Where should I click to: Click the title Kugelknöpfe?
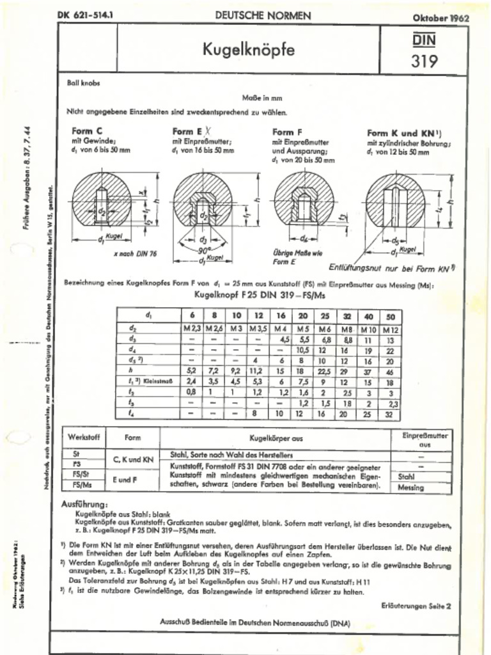click(x=249, y=49)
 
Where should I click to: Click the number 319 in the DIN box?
click(x=425, y=61)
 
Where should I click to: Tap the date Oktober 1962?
click(x=440, y=18)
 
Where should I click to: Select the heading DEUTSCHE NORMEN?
click(x=263, y=15)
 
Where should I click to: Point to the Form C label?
click(x=88, y=131)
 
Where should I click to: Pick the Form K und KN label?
click(x=406, y=133)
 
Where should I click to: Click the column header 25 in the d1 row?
click(x=324, y=317)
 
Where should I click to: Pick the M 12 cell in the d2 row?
click(x=391, y=329)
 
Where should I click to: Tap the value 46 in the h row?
click(x=391, y=370)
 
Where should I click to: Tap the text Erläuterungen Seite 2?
click(x=416, y=604)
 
